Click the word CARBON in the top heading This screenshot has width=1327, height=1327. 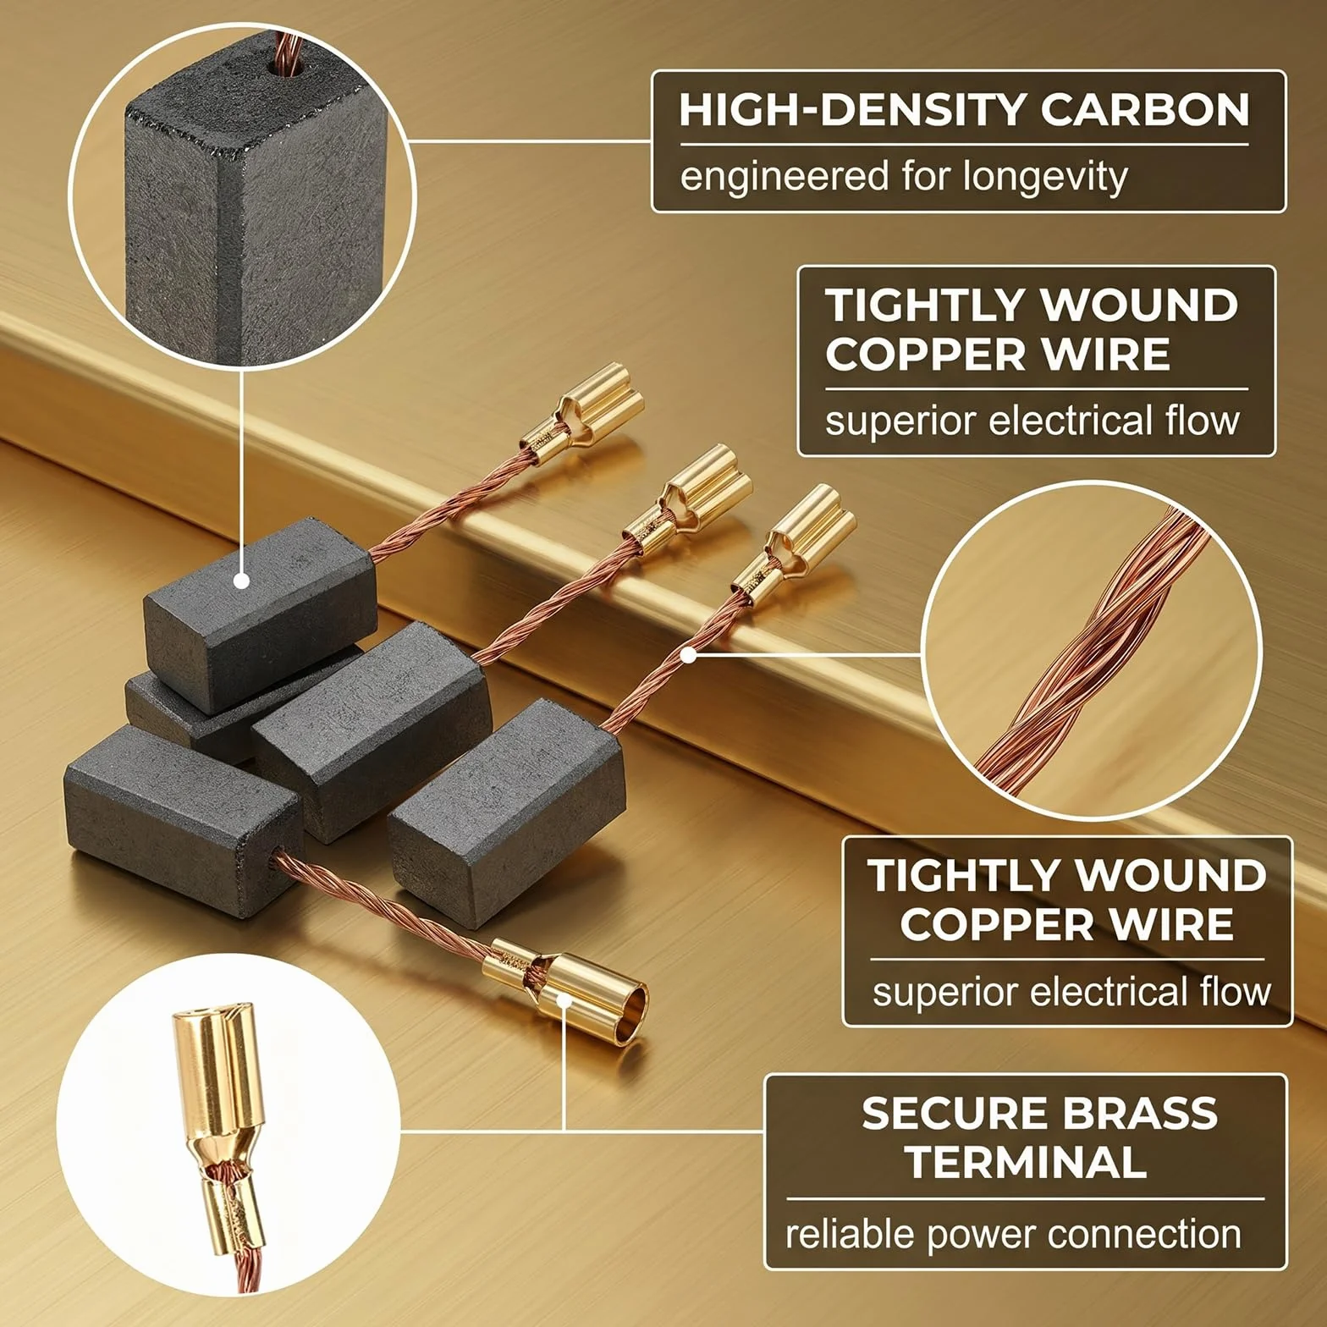(x=1144, y=109)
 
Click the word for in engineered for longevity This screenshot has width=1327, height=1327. (x=926, y=177)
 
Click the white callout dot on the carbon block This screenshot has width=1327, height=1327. (x=241, y=581)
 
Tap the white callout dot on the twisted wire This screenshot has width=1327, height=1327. (x=689, y=654)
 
